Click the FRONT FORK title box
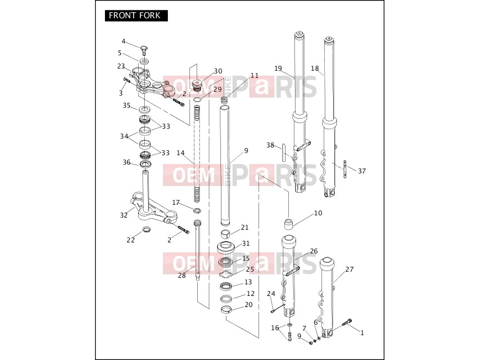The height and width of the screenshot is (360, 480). pyautogui.click(x=136, y=15)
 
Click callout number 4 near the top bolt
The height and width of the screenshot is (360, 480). pyautogui.click(x=123, y=41)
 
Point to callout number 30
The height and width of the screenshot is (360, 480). pyautogui.click(x=218, y=71)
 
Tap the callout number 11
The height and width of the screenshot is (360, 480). pyautogui.click(x=255, y=76)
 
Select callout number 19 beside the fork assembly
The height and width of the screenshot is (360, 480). pyautogui.click(x=278, y=68)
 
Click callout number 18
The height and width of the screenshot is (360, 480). pyautogui.click(x=315, y=68)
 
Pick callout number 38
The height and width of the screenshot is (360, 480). pyautogui.click(x=270, y=145)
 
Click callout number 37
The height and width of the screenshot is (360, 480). pyautogui.click(x=362, y=171)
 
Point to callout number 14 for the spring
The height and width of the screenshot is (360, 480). pyautogui.click(x=181, y=153)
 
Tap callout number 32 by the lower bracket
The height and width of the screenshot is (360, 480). pyautogui.click(x=124, y=215)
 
